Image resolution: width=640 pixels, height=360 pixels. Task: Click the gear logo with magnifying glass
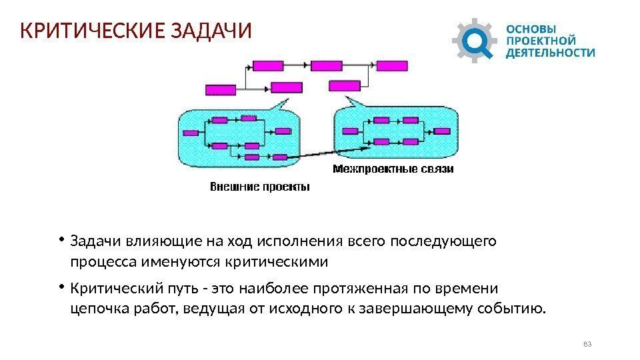coord(475,40)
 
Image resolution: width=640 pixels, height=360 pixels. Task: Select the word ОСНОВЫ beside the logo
coord(532,29)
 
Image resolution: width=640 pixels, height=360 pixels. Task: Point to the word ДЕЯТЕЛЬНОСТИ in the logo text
coord(551,52)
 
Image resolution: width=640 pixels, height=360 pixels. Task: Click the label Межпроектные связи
coord(393,169)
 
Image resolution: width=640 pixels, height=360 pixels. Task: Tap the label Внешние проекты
coord(260,187)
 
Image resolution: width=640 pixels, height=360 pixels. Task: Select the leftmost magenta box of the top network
coord(220,89)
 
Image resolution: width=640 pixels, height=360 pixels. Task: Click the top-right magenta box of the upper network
coord(392,65)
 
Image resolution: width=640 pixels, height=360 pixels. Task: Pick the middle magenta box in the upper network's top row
coord(326,65)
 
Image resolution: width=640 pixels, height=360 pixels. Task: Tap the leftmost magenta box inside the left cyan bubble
coord(191,133)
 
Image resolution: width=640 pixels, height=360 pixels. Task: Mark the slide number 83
coord(587,343)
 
